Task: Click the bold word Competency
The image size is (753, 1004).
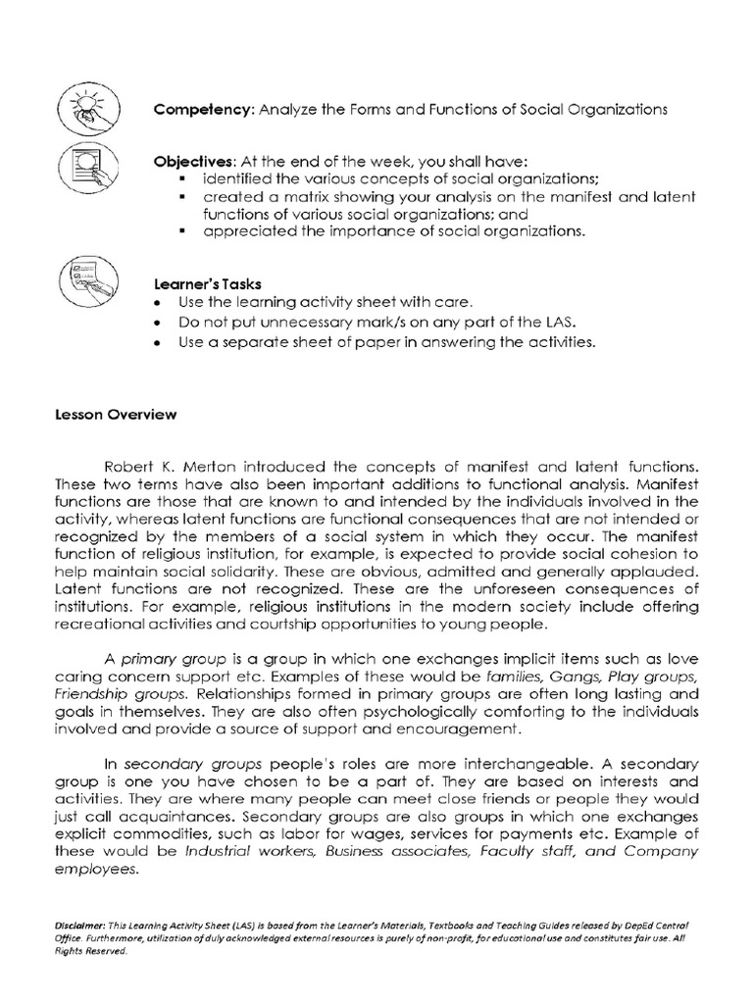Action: pyautogui.click(x=201, y=110)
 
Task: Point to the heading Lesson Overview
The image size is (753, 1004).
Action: pyautogui.click(x=116, y=415)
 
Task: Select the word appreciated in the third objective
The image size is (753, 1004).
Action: pyautogui.click(x=249, y=231)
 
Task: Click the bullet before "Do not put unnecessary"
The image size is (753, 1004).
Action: pyautogui.click(x=157, y=323)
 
